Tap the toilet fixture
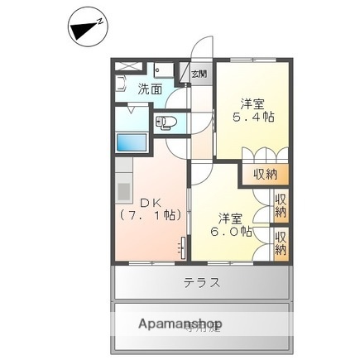pyautogui.click(x=166, y=125)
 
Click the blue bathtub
pyautogui.click(x=132, y=141)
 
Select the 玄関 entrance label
pyautogui.click(x=199, y=74)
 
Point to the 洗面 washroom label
pyautogui.click(x=150, y=89)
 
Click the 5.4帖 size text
pyautogui.click(x=253, y=118)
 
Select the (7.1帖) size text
pyautogui.click(x=148, y=215)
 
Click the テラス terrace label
pyautogui.click(x=201, y=283)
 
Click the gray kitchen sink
pyautogui.click(x=123, y=190)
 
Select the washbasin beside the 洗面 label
pyautogui.click(x=121, y=84)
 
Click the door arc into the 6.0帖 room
pyautogui.click(x=201, y=175)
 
